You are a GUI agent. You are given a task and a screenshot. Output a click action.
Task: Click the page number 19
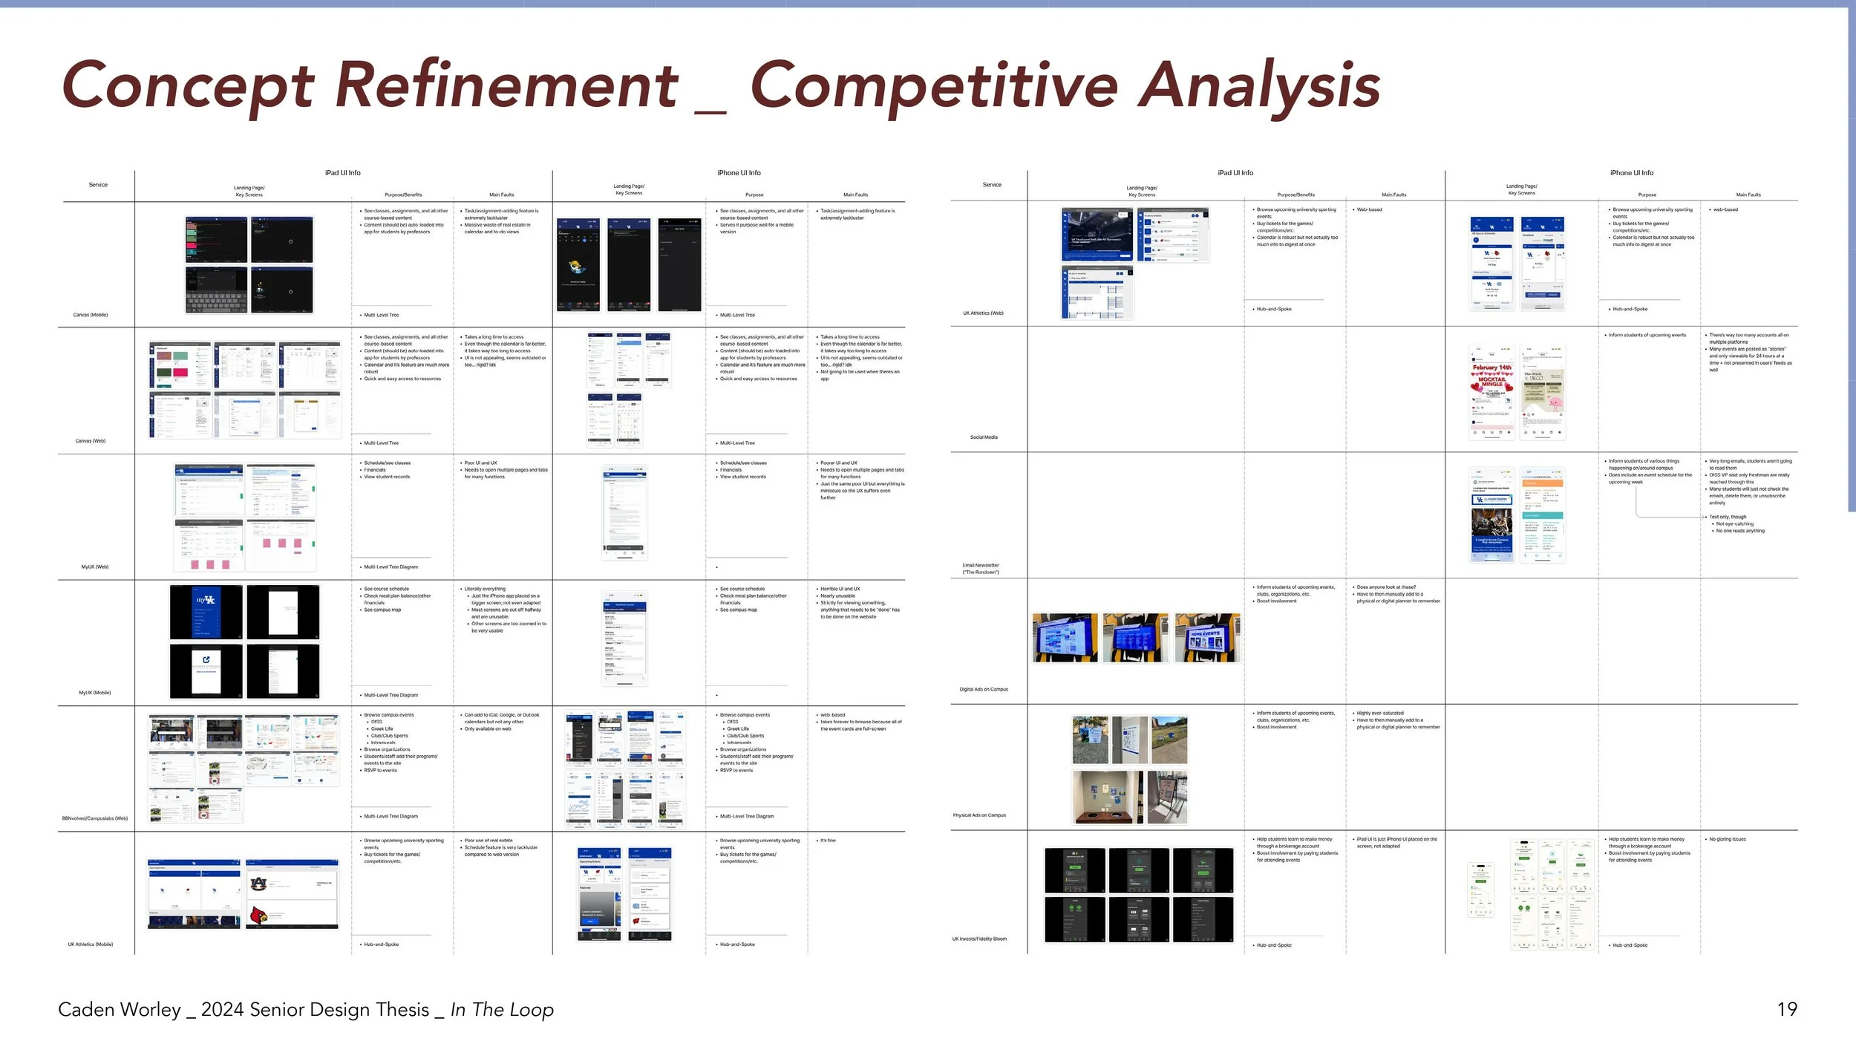point(1787,1009)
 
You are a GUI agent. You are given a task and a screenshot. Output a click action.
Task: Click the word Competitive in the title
point(934,85)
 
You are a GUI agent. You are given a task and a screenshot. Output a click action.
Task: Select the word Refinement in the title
point(506,85)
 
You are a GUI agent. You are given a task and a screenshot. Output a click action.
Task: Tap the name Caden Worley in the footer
point(120,1010)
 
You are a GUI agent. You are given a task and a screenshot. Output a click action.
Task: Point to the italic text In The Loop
point(502,1010)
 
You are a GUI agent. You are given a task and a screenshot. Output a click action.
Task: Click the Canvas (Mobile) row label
point(91,315)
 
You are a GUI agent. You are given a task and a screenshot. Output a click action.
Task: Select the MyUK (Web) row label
point(95,567)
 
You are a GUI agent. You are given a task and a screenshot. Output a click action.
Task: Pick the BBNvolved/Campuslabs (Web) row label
point(95,818)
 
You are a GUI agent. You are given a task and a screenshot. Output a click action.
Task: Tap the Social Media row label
point(984,437)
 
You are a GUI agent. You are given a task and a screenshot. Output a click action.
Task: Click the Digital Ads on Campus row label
point(984,689)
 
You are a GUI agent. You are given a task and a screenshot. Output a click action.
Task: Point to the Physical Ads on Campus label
point(979,815)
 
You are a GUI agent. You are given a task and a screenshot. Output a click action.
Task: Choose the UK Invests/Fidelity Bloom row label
point(979,939)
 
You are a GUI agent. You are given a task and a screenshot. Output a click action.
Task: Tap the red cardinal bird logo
point(258,916)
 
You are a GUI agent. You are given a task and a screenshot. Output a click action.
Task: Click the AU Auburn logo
point(258,884)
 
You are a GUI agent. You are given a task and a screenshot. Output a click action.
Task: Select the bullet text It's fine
point(828,841)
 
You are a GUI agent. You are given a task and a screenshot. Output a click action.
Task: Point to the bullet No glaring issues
point(1728,839)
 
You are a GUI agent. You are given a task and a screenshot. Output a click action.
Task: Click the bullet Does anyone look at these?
point(1386,587)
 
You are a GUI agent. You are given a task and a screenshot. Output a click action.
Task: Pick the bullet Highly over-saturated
point(1380,713)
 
